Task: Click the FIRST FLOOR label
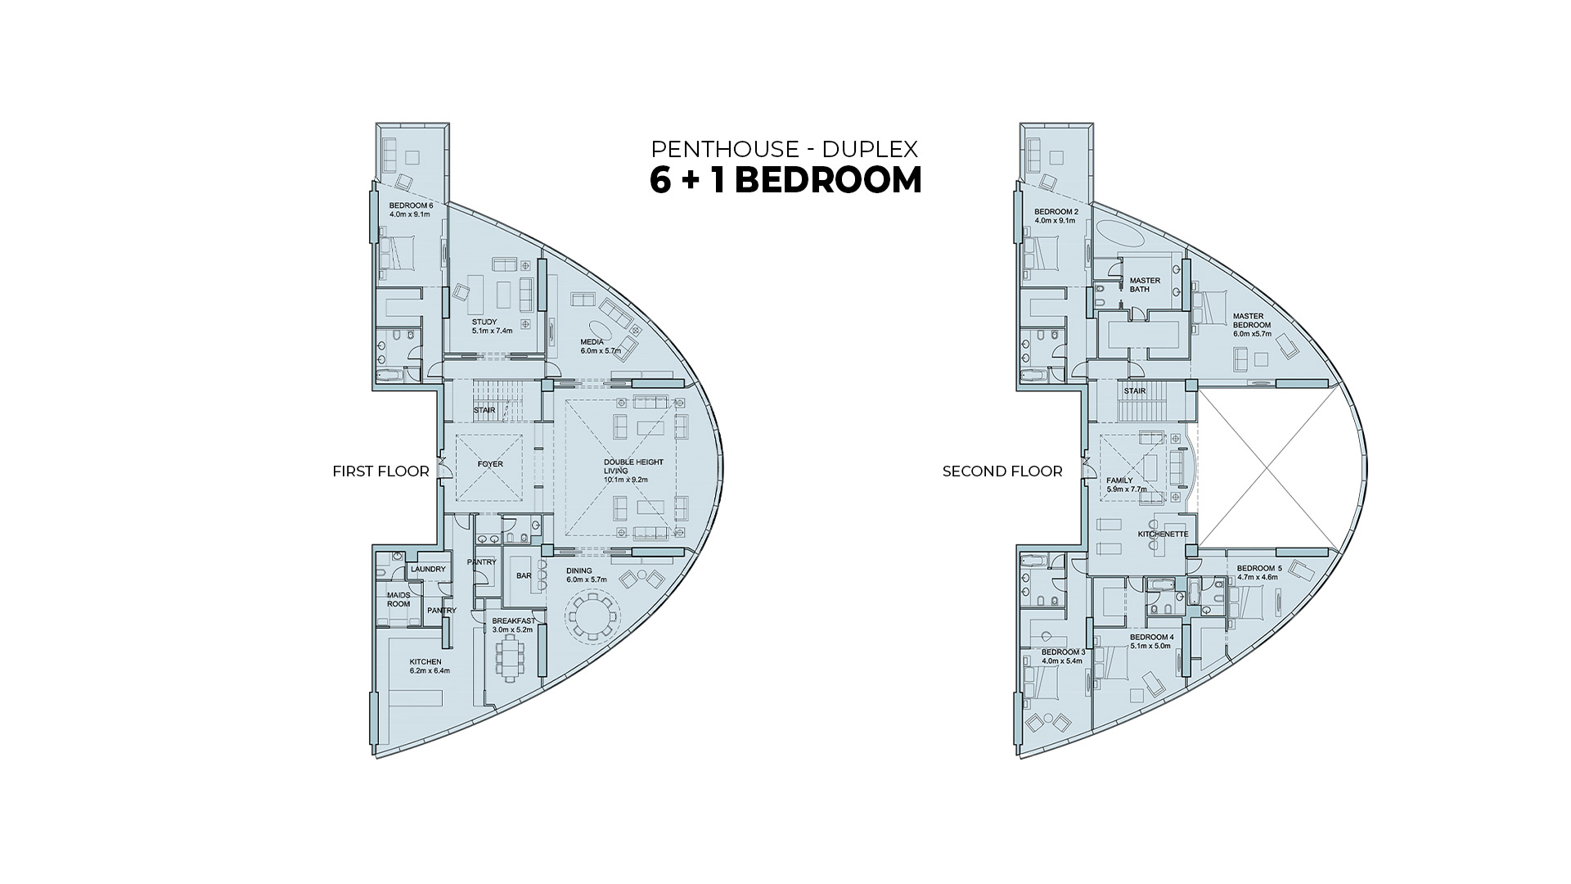coord(380,471)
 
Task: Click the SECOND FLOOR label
coord(1002,471)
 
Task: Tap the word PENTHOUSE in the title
coord(724,149)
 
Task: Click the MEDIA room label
coord(592,342)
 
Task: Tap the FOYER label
coord(490,464)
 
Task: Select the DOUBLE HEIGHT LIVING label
coord(633,467)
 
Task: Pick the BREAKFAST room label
coord(514,621)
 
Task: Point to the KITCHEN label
coord(425,662)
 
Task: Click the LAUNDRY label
coord(428,570)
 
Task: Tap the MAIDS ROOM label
coord(398,600)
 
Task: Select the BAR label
coord(524,575)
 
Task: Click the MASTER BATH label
coord(1145,285)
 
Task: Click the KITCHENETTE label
coord(1163,534)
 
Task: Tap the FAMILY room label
coord(1119,480)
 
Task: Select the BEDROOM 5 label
coord(1259,569)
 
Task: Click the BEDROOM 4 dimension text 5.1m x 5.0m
coord(1150,646)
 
